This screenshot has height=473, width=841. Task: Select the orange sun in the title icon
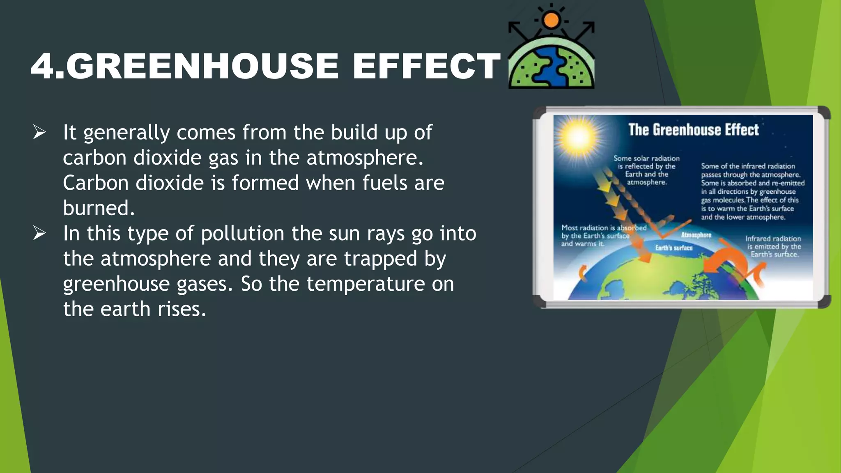(551, 20)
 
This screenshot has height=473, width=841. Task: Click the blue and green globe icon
(551, 66)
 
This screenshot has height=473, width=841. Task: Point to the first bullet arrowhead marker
(39, 133)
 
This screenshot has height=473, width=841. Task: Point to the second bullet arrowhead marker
(39, 233)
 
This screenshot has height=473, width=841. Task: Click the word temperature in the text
(365, 284)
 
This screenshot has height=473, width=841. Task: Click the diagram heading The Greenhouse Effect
(693, 130)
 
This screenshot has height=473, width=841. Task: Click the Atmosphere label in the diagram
(696, 235)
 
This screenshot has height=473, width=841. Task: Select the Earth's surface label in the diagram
(673, 248)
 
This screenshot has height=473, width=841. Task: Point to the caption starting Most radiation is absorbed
(603, 236)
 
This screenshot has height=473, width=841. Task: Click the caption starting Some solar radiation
(646, 170)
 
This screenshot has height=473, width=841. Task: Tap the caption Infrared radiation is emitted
(774, 246)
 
